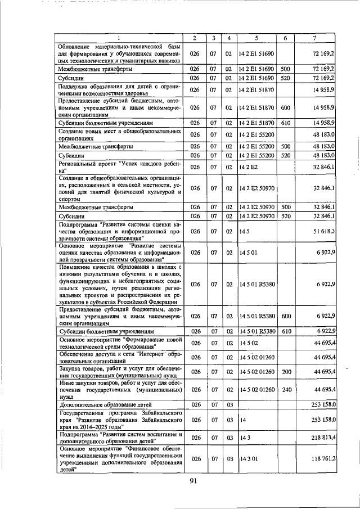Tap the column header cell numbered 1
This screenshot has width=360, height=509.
119,38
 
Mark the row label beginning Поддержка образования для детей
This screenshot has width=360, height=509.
119,89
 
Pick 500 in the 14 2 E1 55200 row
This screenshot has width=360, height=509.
285,146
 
